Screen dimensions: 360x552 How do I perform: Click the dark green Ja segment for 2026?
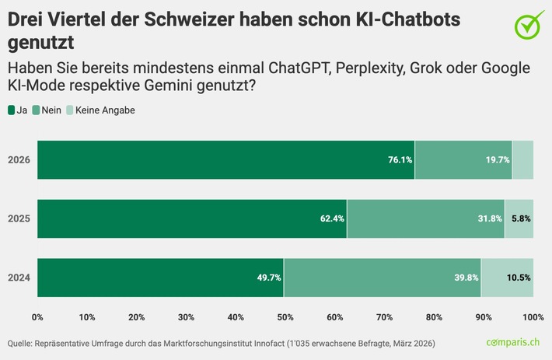click(x=225, y=160)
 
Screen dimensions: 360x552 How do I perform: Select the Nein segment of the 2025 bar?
click(x=425, y=218)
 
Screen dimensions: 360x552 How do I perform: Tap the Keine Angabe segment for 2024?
click(x=507, y=278)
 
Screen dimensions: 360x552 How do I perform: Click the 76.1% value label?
click(x=400, y=160)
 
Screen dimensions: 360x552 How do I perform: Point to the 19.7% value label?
click(x=497, y=160)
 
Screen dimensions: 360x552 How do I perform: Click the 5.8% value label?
click(x=521, y=218)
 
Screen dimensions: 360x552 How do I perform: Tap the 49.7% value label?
click(x=269, y=278)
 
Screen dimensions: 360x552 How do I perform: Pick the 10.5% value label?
click(x=519, y=278)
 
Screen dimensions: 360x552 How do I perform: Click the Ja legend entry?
click(x=18, y=110)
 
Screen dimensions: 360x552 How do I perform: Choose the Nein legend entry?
click(x=47, y=110)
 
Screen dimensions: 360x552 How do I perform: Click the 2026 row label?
click(x=19, y=160)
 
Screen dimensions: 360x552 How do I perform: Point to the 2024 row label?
click(x=19, y=278)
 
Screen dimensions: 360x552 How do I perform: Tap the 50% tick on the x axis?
click(x=285, y=316)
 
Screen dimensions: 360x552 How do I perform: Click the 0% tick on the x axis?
click(x=37, y=316)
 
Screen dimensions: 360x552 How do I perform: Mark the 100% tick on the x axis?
click(x=533, y=316)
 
